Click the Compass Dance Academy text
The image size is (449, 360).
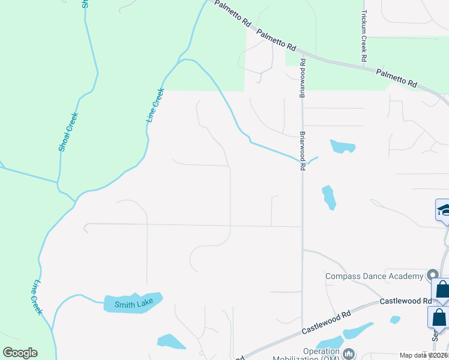[x=374, y=276]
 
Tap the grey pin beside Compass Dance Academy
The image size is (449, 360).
[x=432, y=275]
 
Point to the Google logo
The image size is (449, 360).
[x=20, y=353]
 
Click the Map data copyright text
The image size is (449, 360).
[x=423, y=355]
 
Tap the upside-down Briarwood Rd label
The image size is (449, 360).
[x=303, y=79]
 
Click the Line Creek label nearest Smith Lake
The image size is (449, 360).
[x=37, y=297]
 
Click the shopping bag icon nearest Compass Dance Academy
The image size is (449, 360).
[x=442, y=290]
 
